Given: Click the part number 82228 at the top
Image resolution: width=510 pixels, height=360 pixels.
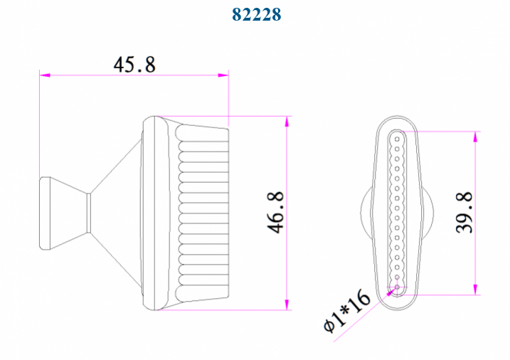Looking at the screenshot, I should pyautogui.click(x=256, y=14).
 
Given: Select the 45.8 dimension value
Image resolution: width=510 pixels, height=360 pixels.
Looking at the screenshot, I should pyautogui.click(x=134, y=64).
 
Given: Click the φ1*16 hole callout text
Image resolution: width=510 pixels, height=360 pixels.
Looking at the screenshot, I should pyautogui.click(x=347, y=311).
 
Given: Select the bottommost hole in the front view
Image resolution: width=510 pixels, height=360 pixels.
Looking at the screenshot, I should pyautogui.click(x=397, y=288).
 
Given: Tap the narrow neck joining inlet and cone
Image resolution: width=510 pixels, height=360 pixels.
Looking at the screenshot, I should pyautogui.click(x=89, y=213).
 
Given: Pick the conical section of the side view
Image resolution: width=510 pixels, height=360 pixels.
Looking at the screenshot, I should pyautogui.click(x=117, y=213).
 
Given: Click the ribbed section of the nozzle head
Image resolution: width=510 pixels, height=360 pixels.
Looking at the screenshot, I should pyautogui.click(x=203, y=213).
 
